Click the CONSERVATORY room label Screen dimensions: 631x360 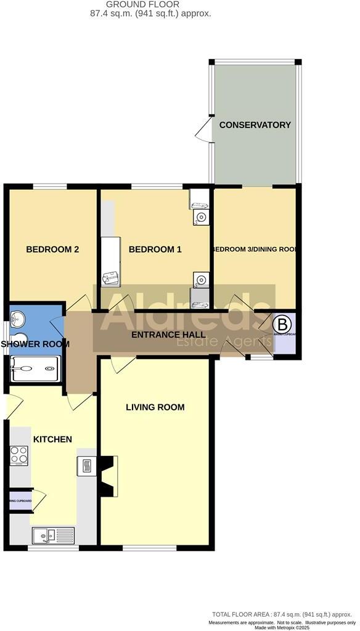(255, 125)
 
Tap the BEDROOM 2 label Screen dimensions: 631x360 (52, 250)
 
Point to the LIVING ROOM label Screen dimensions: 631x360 (155, 407)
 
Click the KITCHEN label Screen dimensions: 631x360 (52, 439)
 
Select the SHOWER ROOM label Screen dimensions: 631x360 (34, 344)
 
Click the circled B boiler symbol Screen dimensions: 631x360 (282, 324)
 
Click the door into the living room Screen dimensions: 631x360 (118, 365)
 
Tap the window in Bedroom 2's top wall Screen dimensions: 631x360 (50, 185)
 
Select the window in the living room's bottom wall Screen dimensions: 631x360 (157, 547)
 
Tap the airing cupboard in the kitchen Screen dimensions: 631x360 (20, 500)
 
